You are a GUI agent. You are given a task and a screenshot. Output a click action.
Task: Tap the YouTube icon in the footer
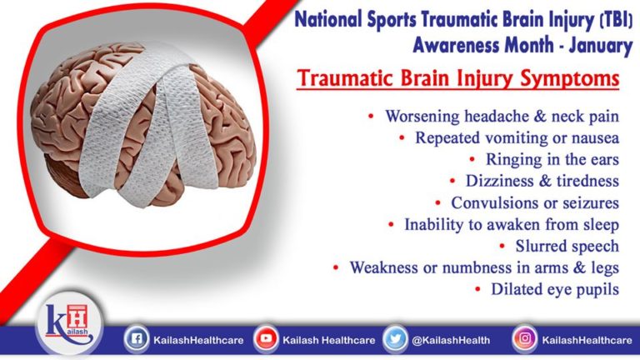pyautogui.click(x=266, y=339)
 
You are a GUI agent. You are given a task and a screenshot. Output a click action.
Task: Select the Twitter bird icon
pyautogui.click(x=395, y=339)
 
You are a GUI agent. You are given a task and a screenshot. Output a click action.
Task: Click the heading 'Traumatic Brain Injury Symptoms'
pyautogui.click(x=457, y=80)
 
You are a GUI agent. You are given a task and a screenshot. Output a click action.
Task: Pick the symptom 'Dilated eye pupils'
pyautogui.click(x=554, y=289)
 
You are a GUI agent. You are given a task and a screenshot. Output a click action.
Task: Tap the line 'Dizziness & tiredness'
pyautogui.click(x=542, y=181)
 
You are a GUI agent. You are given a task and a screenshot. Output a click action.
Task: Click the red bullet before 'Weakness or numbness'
pyautogui.click(x=335, y=267)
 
